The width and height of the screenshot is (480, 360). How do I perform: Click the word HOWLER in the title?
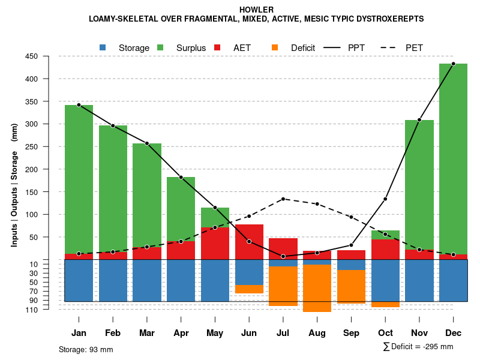pyautogui.click(x=256, y=10)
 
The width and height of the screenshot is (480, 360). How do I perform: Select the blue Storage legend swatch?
pyautogui.click(x=103, y=47)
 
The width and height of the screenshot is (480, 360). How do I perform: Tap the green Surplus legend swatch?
pyautogui.click(x=160, y=47)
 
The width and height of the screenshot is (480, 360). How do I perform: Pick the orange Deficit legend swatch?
pyautogui.click(x=275, y=47)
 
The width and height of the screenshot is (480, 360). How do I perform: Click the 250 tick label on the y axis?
pyautogui.click(x=48, y=147)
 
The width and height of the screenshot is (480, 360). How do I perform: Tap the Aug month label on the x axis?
pyautogui.click(x=317, y=334)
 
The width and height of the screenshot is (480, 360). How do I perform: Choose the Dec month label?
pyautogui.click(x=454, y=334)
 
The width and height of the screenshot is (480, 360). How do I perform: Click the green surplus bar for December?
pyautogui.click(x=454, y=156)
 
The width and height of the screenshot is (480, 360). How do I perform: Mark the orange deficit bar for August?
pyautogui.click(x=317, y=288)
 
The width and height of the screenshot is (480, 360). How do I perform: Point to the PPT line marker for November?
pyautogui.click(x=419, y=120)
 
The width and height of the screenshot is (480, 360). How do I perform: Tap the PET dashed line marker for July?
pyautogui.click(x=283, y=199)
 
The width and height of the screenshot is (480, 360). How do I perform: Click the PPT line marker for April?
pyautogui.click(x=181, y=177)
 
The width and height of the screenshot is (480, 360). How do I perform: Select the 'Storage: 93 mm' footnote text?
pyautogui.click(x=86, y=349)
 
